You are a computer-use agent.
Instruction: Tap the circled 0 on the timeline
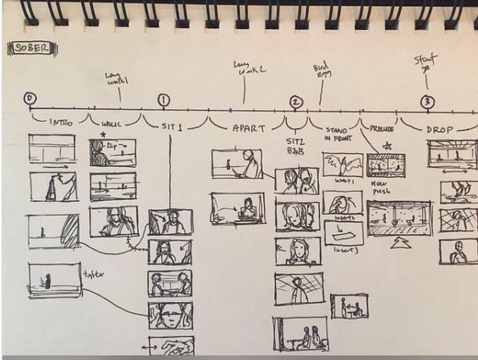click(30, 99)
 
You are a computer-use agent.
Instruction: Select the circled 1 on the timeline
click(164, 100)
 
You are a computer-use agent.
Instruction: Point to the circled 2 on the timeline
click(296, 102)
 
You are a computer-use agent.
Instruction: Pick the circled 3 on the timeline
click(427, 102)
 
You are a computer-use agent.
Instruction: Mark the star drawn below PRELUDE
click(387, 145)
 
